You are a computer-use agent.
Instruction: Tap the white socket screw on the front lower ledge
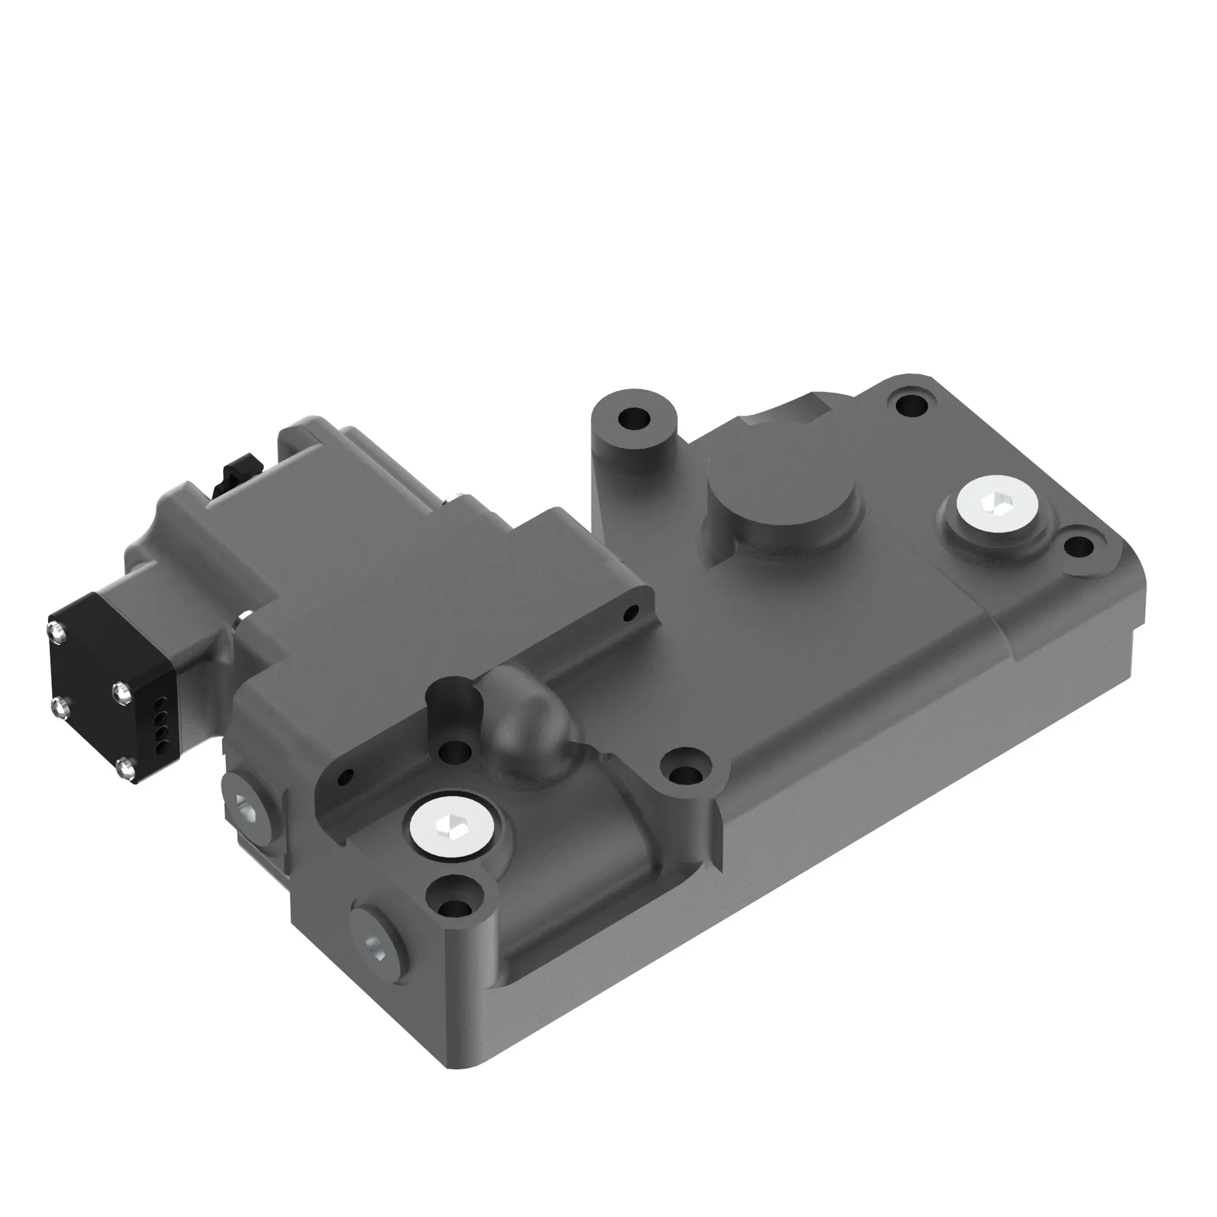(450, 826)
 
